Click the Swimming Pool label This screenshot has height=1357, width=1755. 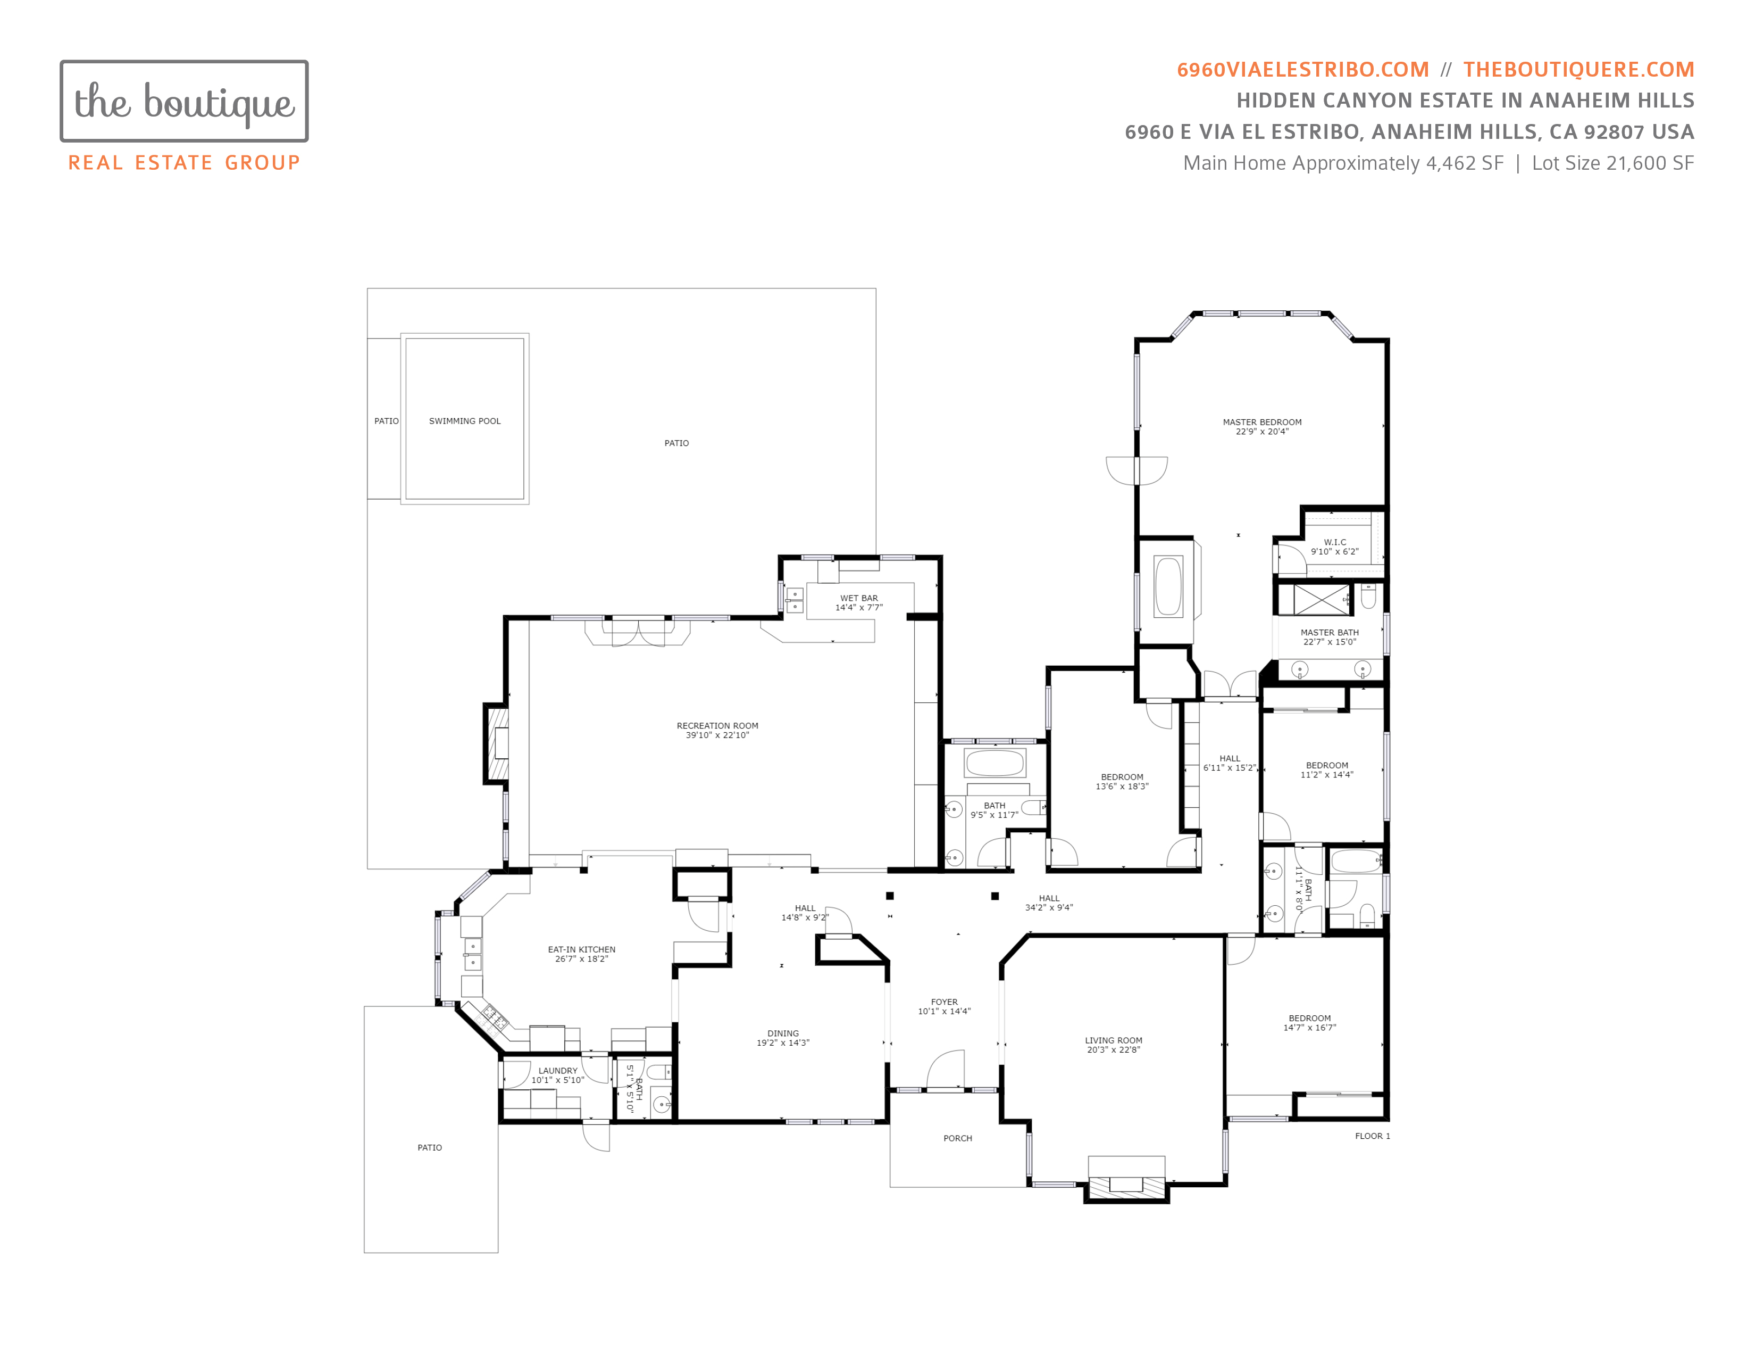point(464,421)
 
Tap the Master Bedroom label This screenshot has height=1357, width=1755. point(1261,422)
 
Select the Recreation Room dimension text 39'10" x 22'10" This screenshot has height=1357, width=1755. point(717,735)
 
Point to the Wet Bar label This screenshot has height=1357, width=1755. point(859,598)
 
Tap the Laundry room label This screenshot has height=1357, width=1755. point(558,1071)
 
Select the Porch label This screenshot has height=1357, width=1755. point(958,1138)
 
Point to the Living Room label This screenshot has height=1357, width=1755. point(1113,1040)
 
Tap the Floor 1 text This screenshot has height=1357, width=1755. point(1373,1136)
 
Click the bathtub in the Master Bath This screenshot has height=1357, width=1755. point(1168,587)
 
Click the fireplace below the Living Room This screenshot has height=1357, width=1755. point(1126,1185)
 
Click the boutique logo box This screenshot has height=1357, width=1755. point(184,101)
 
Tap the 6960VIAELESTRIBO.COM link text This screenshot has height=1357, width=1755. point(1302,70)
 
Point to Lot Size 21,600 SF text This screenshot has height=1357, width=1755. point(1613,163)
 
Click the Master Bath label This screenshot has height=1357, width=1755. point(1330,633)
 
